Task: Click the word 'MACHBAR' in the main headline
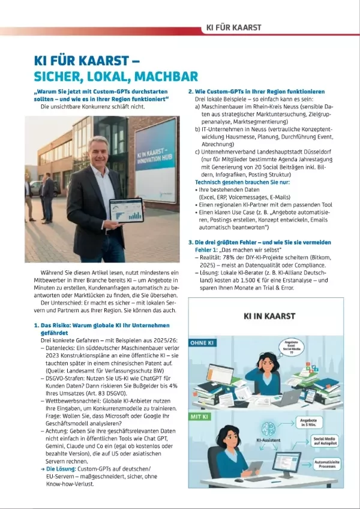(x=166, y=76)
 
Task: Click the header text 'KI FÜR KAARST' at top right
(x=233, y=28)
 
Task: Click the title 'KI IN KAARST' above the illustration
(x=269, y=316)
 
